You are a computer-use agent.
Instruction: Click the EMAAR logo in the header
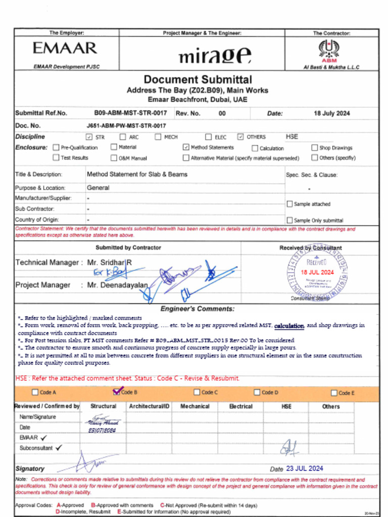65,48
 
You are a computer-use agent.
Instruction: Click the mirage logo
214,55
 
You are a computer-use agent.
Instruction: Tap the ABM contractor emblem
329,50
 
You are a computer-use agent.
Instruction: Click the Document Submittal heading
198,79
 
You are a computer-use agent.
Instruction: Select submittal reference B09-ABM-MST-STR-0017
130,113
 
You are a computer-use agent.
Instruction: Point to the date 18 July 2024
331,114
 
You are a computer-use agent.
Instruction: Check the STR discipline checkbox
89,137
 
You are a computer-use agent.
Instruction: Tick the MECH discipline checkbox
158,137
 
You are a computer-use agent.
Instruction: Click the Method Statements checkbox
185,147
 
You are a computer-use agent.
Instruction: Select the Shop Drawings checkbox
314,148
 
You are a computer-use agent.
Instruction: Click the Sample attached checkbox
289,204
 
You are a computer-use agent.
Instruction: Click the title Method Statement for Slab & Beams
137,174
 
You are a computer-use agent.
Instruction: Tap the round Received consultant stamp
317,273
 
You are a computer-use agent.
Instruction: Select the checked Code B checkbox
117,392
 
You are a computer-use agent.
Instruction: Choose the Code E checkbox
334,393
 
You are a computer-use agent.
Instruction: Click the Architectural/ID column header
149,406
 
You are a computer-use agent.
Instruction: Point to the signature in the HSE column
289,447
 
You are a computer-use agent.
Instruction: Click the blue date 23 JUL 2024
304,469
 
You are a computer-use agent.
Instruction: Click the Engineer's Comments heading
197,308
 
